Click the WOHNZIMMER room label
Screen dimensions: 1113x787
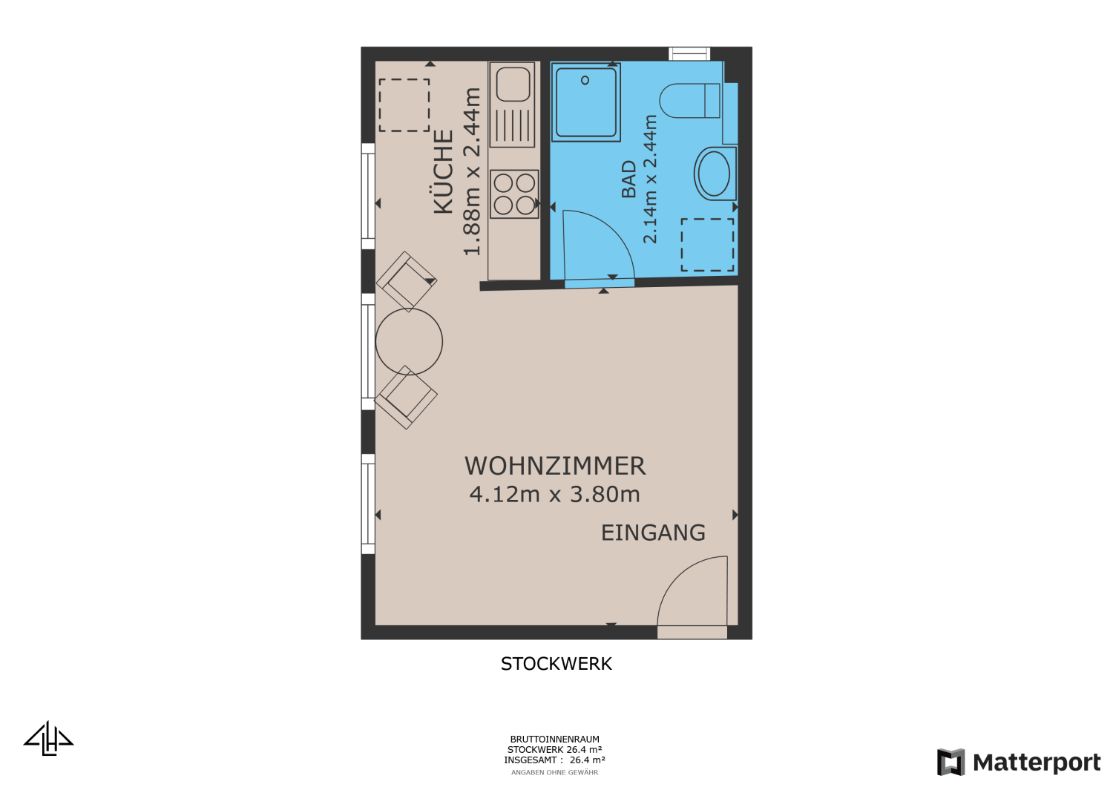click(555, 466)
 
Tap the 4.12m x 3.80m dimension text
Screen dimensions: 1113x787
click(554, 494)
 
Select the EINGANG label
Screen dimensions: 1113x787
click(653, 533)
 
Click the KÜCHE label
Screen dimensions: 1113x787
click(444, 172)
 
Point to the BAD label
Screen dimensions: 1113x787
click(629, 180)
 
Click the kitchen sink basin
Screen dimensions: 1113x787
click(513, 85)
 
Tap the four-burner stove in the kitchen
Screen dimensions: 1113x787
click(514, 194)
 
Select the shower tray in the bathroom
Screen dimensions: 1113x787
click(586, 102)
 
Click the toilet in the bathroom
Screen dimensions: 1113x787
click(689, 101)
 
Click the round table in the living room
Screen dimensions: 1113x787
click(409, 342)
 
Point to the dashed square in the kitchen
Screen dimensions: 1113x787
click(404, 105)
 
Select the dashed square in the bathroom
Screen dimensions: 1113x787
click(708, 245)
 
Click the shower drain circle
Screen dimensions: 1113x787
click(585, 80)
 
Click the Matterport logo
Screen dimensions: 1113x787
click(1019, 762)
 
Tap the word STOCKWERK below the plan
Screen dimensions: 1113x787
click(556, 664)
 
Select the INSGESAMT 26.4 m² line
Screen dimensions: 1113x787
click(554, 760)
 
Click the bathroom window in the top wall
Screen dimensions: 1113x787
click(689, 53)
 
